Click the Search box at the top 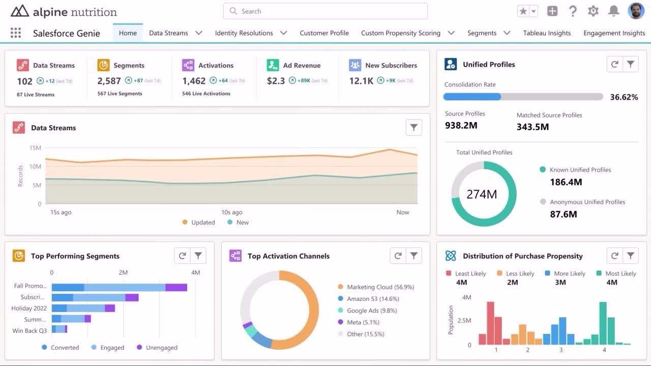[x=325, y=11]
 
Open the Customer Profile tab [x=324, y=33]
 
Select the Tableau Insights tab [x=547, y=33]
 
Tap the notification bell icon [x=614, y=11]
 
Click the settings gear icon [x=593, y=11]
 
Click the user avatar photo [x=636, y=11]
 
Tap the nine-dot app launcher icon [x=16, y=33]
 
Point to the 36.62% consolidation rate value [x=624, y=97]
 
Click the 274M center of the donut [x=482, y=194]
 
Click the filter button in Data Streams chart [x=414, y=128]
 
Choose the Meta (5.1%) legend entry [x=363, y=322]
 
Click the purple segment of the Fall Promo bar [x=176, y=287]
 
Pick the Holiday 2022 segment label [x=29, y=308]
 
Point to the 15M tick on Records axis [x=35, y=148]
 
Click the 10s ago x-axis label [x=231, y=212]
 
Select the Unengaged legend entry [x=161, y=348]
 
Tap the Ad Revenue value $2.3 [x=276, y=81]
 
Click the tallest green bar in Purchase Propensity [x=603, y=323]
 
